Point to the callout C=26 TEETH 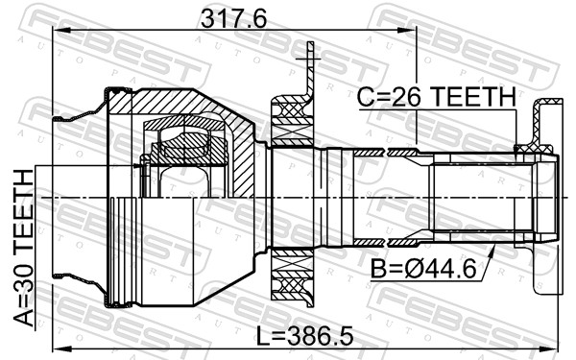point(436,96)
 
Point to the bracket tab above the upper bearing point(309,67)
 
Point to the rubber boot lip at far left point(63,119)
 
